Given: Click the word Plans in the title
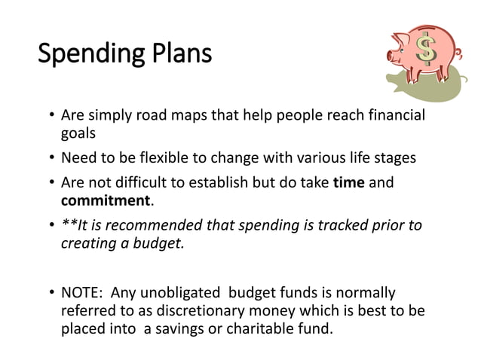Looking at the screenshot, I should pos(179,55).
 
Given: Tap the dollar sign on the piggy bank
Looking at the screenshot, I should pos(427,49).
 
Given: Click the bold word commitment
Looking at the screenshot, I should pos(106,201).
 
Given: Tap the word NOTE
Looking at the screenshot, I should pos(82,292).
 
